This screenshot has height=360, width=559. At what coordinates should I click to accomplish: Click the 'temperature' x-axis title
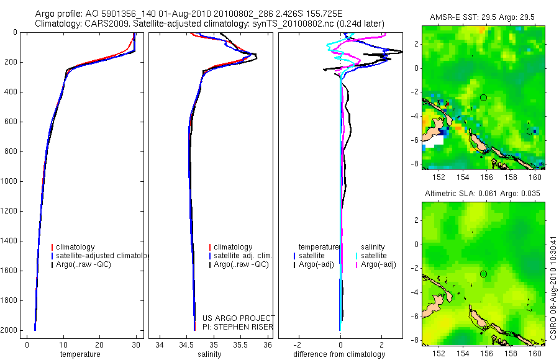[x=80, y=354]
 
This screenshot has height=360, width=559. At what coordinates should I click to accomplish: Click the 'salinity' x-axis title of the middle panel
[x=209, y=354]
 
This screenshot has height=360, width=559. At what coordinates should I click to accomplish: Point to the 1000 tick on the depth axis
[x=10, y=181]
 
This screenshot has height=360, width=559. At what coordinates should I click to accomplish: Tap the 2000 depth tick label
[x=10, y=330]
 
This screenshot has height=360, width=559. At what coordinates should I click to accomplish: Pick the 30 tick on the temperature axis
[x=135, y=344]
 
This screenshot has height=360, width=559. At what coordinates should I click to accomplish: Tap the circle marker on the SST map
[x=484, y=97]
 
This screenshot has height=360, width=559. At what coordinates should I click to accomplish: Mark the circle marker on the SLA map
[x=484, y=274]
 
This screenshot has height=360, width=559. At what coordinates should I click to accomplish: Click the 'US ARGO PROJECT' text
[x=238, y=318]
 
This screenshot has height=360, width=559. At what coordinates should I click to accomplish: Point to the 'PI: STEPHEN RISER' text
[x=238, y=327]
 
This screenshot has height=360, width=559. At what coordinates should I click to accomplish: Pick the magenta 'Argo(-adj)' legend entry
[x=378, y=265]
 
